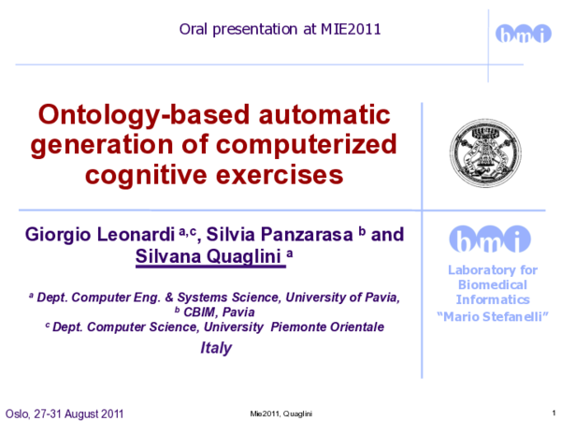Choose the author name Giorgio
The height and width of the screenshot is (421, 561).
coord(60,233)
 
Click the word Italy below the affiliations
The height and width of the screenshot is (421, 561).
coord(216,348)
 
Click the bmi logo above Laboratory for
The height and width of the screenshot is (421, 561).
coord(488,240)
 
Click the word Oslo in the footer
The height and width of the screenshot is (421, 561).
coord(18,414)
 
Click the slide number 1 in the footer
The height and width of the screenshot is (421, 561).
coord(542,413)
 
